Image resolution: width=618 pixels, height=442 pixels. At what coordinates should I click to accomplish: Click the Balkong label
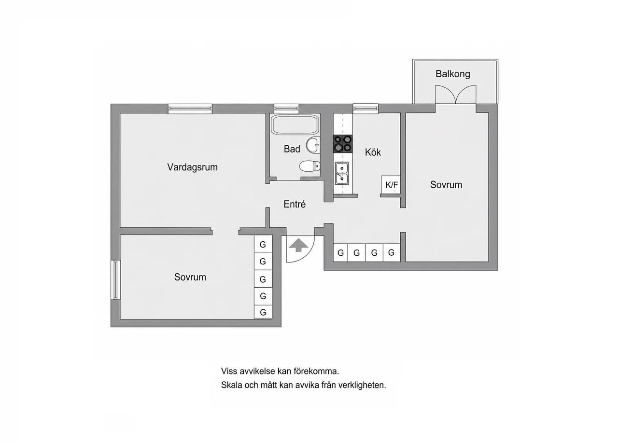453,74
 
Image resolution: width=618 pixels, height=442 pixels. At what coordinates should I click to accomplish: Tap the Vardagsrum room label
192,167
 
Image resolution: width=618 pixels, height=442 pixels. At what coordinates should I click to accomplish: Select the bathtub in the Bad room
295,125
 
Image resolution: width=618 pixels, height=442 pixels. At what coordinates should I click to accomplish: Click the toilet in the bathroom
309,166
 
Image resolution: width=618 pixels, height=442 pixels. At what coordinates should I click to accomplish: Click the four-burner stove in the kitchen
343,144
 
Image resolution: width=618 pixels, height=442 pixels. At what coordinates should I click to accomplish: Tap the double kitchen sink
342,173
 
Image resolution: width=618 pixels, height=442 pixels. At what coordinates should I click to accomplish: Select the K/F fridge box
391,184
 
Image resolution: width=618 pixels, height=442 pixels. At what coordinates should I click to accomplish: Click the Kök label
373,152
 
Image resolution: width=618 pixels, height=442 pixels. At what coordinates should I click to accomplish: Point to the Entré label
295,204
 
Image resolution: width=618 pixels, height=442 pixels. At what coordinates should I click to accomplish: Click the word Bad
292,149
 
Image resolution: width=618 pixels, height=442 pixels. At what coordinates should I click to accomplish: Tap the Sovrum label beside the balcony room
446,185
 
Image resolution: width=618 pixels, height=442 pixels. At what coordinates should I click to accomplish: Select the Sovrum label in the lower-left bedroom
190,277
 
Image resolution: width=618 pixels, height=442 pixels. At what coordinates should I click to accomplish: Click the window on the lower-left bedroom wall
115,280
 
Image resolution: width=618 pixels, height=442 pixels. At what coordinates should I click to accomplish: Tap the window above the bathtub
286,109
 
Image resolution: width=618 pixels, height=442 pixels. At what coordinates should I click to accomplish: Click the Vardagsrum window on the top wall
190,109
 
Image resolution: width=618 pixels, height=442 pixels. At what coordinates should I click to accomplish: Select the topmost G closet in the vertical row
263,244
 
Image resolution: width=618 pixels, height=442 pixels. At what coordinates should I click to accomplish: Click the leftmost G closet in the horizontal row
341,252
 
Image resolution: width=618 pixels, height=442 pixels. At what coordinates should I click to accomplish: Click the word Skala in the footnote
232,385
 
